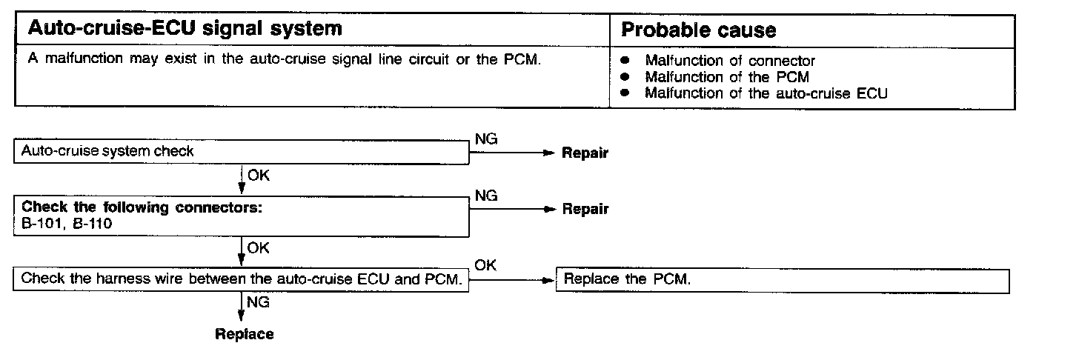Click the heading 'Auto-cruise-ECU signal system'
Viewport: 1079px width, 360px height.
185,30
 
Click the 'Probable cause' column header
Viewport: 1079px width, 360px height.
698,30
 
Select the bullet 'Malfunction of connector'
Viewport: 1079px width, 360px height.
729,61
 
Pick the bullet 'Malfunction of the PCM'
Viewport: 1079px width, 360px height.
726,77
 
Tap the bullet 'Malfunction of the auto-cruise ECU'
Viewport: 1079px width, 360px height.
766,93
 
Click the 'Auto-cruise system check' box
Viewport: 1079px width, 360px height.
242,152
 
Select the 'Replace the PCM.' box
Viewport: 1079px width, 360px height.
783,280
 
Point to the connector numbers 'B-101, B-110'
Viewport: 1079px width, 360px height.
67,223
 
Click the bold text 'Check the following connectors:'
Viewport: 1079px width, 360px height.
142,207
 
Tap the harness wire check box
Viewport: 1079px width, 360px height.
242,280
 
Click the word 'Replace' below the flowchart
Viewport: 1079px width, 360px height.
244,334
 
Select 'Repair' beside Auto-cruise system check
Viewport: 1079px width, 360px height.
585,153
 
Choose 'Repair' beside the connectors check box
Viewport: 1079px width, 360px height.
585,209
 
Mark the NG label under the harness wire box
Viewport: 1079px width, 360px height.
258,302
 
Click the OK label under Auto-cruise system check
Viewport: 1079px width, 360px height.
258,176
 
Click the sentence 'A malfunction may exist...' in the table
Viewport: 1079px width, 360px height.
284,59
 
